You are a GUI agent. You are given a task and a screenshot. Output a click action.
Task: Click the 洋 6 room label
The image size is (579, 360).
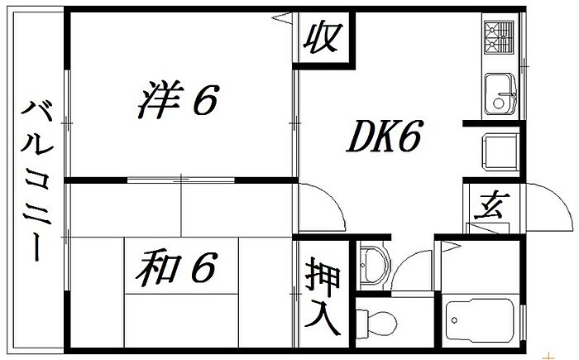[x=179, y=99]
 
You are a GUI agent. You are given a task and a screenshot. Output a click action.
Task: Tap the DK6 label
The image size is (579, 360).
[x=384, y=136]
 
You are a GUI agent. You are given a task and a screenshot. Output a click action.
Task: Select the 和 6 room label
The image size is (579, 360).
[x=175, y=268]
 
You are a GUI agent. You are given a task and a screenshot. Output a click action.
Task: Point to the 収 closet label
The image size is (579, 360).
[x=323, y=38]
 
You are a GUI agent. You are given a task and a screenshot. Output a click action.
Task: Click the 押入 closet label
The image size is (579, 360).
[x=323, y=295]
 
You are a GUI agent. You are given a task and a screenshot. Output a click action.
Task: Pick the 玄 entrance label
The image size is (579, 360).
[x=491, y=205]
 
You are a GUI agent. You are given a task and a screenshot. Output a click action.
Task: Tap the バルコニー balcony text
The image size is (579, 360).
[x=37, y=180]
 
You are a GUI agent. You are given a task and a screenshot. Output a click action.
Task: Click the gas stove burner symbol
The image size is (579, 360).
[x=499, y=37]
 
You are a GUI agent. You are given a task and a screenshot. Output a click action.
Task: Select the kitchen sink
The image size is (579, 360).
[x=500, y=94]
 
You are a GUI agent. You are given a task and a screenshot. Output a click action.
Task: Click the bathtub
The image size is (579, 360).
[x=480, y=320]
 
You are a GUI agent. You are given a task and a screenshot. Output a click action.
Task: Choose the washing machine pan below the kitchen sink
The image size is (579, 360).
[x=500, y=151]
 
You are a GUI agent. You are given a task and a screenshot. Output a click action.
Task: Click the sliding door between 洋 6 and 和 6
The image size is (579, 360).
[x=181, y=180]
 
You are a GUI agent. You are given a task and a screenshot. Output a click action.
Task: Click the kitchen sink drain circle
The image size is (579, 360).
[x=498, y=103]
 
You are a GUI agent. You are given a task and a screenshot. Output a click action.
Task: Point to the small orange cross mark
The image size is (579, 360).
[x=550, y=357]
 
